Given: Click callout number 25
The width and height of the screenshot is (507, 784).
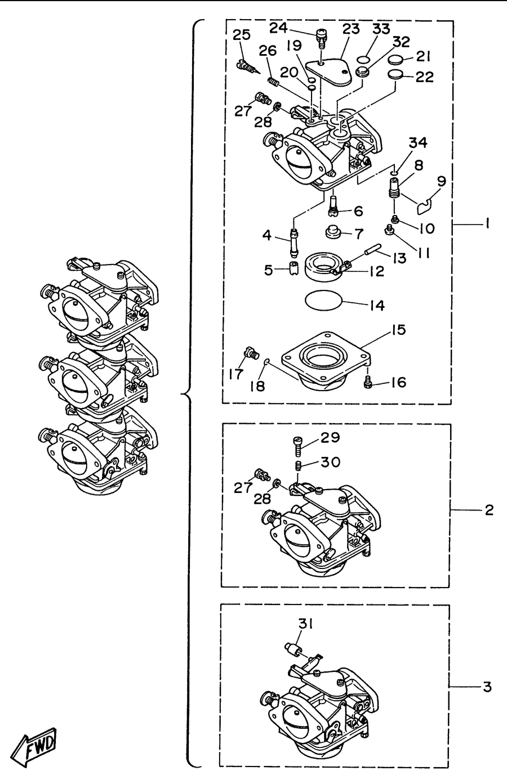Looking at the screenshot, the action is pos(242,35).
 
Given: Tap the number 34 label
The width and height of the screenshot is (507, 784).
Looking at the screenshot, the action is pos(418,142).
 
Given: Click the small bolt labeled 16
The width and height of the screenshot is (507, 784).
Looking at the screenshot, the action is pos(367,382).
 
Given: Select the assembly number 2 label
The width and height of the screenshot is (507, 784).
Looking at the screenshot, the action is pos(489,510).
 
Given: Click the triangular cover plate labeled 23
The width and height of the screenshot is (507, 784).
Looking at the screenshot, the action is pos(329,71).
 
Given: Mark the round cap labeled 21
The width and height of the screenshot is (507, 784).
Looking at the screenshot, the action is pos(396,60).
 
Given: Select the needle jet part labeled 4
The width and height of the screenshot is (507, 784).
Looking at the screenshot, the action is pos(294,242).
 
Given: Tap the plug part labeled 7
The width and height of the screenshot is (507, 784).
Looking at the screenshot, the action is pos(333,232).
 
